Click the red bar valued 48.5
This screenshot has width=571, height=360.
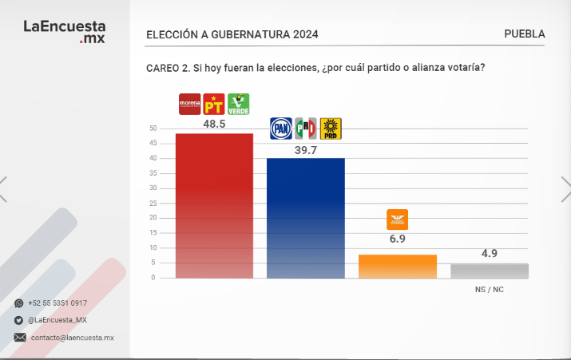pos(214,205)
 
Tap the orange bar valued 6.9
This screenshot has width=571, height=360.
pos(398,266)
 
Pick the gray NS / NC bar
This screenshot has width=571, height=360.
pos(489,271)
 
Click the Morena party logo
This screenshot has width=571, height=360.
pos(189,105)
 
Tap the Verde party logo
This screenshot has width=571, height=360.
pos(239,105)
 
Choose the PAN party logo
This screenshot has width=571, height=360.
pos(281,129)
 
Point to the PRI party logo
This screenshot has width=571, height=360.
pos(306,129)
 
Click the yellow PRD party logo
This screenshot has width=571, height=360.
pos(331,129)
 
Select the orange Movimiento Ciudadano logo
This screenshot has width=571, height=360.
pos(397,220)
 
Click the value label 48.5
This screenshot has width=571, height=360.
pos(214,125)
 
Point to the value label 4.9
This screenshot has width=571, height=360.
pos(489,254)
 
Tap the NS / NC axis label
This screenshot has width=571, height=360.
pos(489,289)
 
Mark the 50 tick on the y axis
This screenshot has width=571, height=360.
pos(152,129)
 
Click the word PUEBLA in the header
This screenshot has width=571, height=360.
pos(525,34)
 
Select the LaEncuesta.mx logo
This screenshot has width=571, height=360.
pos(64,31)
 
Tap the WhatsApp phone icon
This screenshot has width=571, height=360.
pos(19,303)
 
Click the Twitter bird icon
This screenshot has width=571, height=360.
pos(19,320)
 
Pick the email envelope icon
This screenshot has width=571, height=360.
pos(19,338)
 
